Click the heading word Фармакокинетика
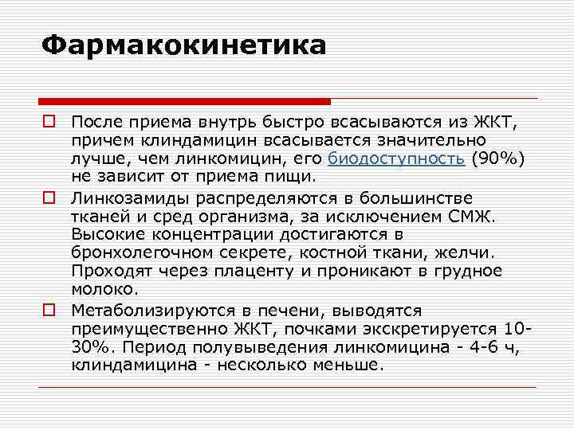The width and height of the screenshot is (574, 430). tap(184, 45)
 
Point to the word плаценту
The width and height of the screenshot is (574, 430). tap(250, 271)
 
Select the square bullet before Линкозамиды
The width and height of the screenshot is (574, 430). tap(49, 197)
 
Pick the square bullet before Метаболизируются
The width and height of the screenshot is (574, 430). tap(49, 310)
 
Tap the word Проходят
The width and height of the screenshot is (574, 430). tap(107, 271)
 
